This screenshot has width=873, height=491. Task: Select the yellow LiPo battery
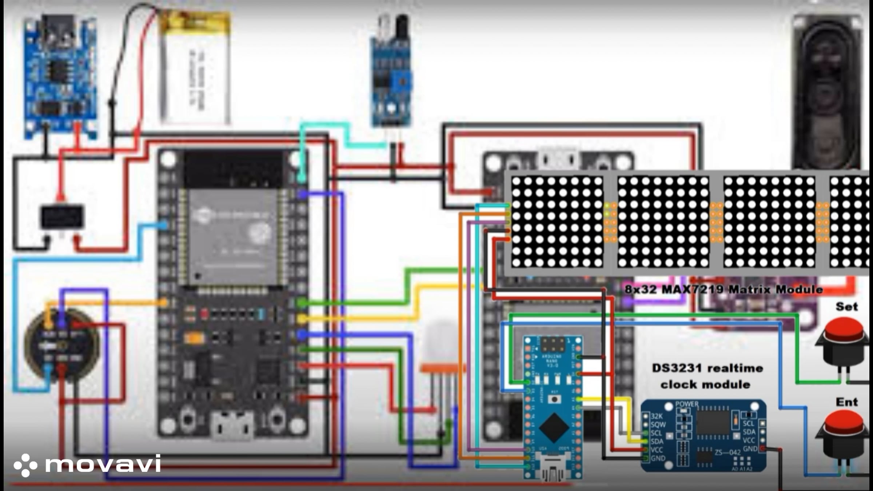coord(196,67)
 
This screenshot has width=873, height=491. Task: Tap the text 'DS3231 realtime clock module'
coord(707,376)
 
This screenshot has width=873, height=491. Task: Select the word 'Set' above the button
coord(846,307)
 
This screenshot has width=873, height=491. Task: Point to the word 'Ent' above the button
coord(846,402)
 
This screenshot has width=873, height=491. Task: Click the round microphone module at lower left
coord(61,344)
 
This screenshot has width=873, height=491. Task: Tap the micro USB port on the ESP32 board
coord(233,426)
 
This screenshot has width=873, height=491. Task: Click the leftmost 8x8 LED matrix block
coord(557,222)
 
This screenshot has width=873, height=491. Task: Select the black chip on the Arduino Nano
coord(553,427)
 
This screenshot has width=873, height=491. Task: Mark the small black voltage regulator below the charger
coord(62,217)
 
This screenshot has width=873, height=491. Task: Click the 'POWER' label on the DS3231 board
coord(687,404)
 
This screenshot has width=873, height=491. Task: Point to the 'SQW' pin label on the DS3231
coord(658,424)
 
